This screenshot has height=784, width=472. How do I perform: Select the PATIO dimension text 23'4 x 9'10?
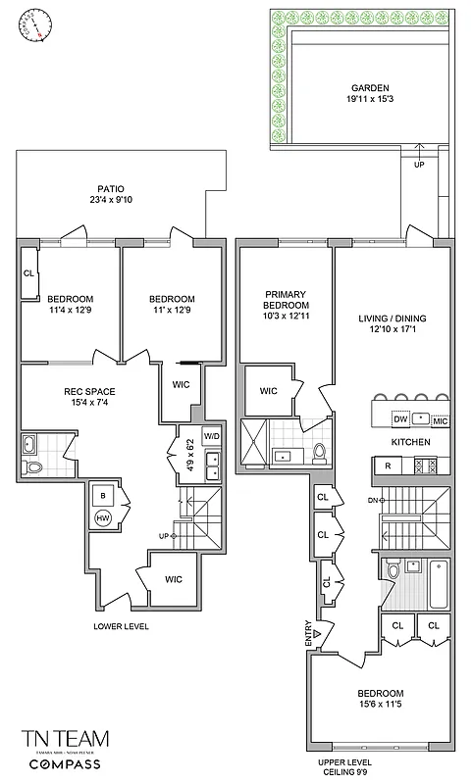pos(109,203)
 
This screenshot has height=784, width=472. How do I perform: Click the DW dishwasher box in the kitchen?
pos(399,418)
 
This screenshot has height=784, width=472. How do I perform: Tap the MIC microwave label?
pos(440,420)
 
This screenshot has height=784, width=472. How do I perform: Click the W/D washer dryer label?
pos(212,435)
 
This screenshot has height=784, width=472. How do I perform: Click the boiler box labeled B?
pos(102,495)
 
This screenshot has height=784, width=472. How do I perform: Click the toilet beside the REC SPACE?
pos(34,468)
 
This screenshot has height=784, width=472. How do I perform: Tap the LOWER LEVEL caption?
pos(121,625)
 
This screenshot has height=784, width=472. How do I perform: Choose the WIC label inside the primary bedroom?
pos(268,391)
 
